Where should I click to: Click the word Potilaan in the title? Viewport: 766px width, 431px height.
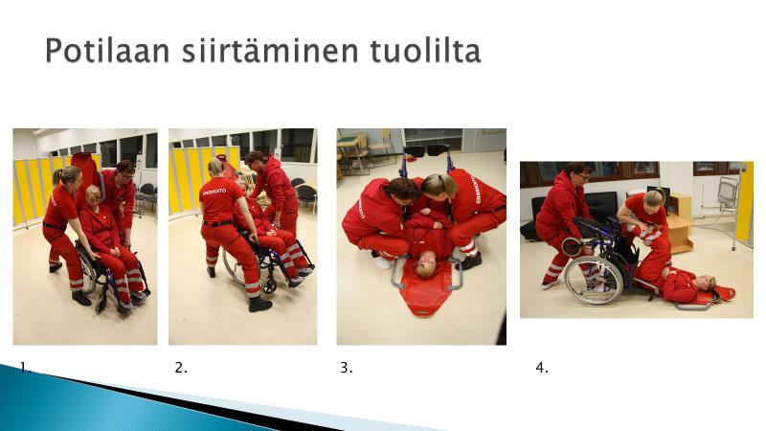107,51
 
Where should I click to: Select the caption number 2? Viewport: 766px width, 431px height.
181,368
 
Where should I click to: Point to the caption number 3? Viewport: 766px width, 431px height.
347,368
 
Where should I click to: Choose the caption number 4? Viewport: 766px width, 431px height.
542,368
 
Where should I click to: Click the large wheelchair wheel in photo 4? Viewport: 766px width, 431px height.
594,280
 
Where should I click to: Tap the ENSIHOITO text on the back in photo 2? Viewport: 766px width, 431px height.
214,192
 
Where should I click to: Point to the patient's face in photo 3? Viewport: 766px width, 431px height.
426,267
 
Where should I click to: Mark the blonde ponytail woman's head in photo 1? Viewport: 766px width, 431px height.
69,178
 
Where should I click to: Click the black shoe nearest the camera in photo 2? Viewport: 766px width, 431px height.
259,305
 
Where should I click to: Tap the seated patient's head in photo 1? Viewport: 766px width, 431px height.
93,195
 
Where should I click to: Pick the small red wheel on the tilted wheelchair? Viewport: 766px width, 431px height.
572,246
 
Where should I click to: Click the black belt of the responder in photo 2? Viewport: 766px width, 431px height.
217,223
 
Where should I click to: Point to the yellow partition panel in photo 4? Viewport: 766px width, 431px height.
745,202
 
